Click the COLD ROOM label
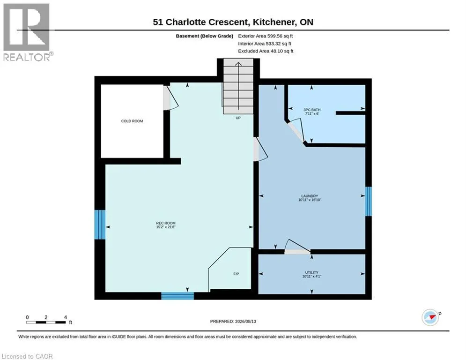[132, 121]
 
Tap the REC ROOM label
[165, 223]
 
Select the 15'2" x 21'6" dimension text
[166, 227]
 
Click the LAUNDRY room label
[310, 196]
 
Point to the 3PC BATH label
[312, 110]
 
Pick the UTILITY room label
[311, 272]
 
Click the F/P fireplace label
[236, 274]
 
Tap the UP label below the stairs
[238, 118]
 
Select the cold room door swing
[171, 98]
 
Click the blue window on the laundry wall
[368, 201]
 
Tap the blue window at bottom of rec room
[178, 296]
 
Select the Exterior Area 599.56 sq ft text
[266, 36]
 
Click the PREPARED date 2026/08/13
[233, 321]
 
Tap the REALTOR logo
[28, 32]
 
